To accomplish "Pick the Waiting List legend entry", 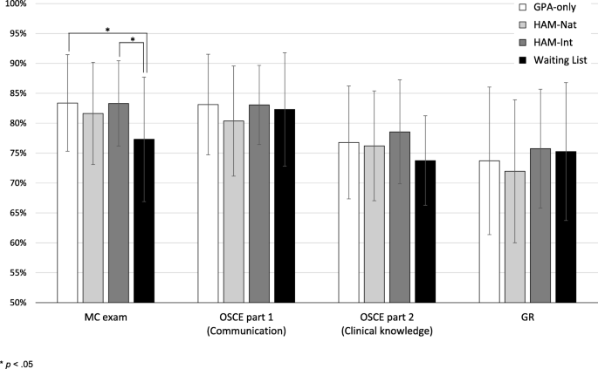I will [x=559, y=59].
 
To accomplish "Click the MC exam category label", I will [x=107, y=318].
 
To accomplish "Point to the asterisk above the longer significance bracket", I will [x=107, y=31].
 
